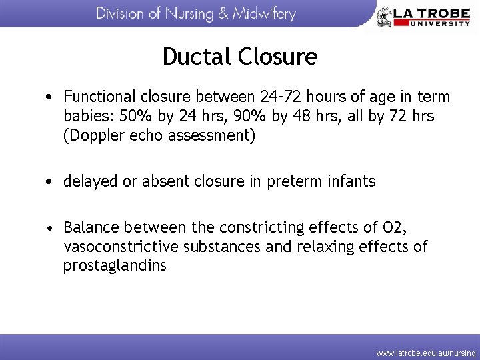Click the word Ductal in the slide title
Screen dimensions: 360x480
(194, 57)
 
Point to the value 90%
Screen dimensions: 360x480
(257, 117)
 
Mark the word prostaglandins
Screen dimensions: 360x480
(115, 266)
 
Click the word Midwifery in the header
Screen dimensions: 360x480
(263, 14)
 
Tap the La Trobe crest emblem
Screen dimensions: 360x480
(384, 16)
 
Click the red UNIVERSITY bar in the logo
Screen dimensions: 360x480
(431, 23)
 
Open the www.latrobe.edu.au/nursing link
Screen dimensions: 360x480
(426, 352)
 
